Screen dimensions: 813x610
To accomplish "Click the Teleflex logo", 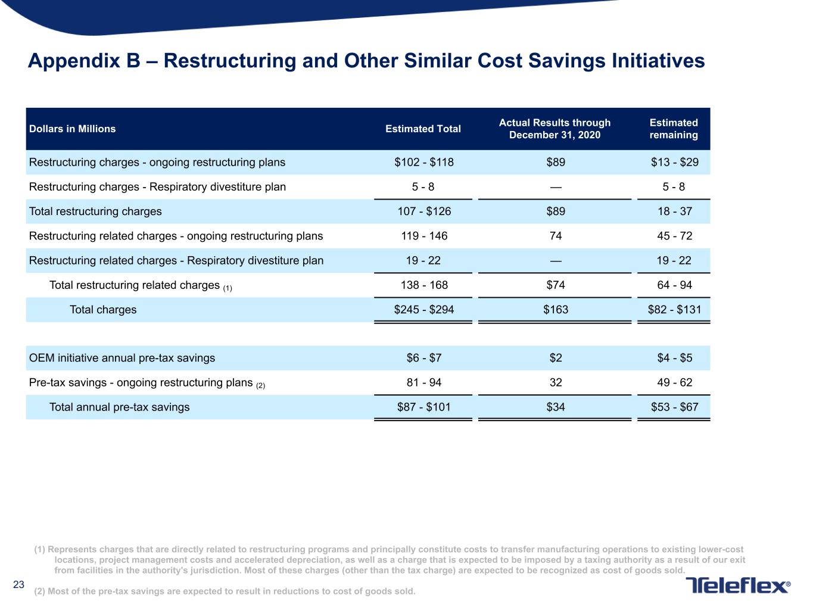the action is tap(737, 586).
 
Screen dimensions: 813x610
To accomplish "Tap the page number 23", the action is tap(18, 584).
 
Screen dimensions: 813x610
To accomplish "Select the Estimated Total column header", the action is tap(423, 129).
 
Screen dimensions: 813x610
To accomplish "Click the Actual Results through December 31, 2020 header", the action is tap(555, 129).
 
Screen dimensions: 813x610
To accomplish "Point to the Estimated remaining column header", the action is tap(674, 129).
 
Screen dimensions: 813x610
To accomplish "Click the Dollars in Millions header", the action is tap(72, 129).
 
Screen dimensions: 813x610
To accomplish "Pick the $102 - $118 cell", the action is tap(423, 162).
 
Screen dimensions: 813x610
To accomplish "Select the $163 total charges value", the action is tap(556, 309).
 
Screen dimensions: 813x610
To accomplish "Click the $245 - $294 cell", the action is tap(423, 309).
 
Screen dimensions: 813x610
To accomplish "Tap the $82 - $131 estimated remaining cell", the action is tap(674, 309).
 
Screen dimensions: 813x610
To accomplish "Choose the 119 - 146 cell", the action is tap(424, 235).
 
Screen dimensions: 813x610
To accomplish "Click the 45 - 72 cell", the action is tap(674, 235).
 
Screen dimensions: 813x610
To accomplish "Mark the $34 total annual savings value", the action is tap(556, 407).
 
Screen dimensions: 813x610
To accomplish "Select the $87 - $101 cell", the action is tap(423, 407).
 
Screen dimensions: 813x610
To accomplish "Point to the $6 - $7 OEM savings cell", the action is tap(423, 357).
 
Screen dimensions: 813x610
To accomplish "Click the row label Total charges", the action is tap(103, 310).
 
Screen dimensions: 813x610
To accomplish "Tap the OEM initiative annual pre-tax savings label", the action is tap(122, 358).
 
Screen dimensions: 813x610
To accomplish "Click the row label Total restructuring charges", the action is tap(95, 211).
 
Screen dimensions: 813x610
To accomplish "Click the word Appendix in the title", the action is tap(74, 61).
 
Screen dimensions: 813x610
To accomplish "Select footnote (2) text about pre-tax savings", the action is tap(225, 591).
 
